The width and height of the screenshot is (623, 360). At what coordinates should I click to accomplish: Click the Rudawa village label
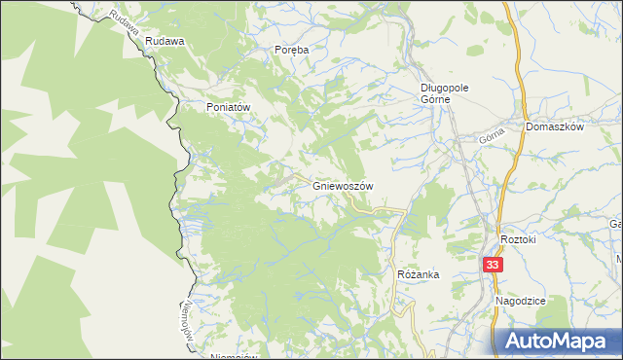pos(165,42)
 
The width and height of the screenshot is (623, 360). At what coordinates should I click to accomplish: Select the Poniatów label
pos(229,107)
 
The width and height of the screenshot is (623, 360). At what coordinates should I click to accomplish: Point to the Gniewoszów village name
pos(344,185)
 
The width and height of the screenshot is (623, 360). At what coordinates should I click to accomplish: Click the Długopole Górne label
pos(445,92)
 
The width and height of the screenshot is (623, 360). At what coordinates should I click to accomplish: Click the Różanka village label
pos(418,275)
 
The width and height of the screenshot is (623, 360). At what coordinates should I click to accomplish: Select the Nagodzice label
pos(520,302)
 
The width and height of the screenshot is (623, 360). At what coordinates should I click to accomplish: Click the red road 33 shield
pos(494,264)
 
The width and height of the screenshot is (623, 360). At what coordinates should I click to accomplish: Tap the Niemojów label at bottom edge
pos(234,356)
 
